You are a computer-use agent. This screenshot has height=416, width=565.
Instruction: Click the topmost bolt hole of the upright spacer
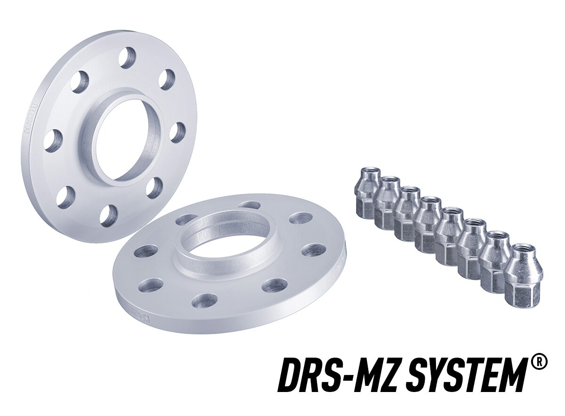(127, 58)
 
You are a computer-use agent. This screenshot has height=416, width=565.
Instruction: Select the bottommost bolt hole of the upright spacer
(108, 216)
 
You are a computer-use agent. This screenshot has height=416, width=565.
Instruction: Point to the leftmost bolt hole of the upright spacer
(53, 140)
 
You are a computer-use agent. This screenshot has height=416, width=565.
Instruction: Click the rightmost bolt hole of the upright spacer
(178, 132)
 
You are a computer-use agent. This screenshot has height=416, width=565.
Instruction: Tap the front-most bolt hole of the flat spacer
(205, 301)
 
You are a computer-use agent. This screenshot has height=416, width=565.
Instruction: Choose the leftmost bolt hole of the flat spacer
(146, 251)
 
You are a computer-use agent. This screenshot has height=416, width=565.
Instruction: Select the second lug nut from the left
(387, 203)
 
